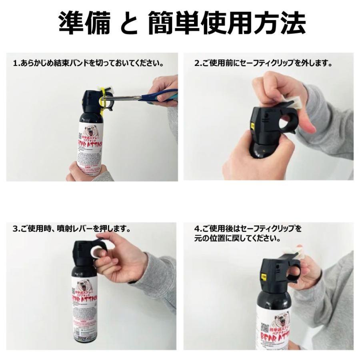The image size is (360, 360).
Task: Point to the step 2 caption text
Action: coord(264,63)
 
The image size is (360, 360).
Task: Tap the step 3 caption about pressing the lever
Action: coord(72,229)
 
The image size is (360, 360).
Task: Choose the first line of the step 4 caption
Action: coord(248,229)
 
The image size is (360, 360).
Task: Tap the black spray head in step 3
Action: coord(85,252)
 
